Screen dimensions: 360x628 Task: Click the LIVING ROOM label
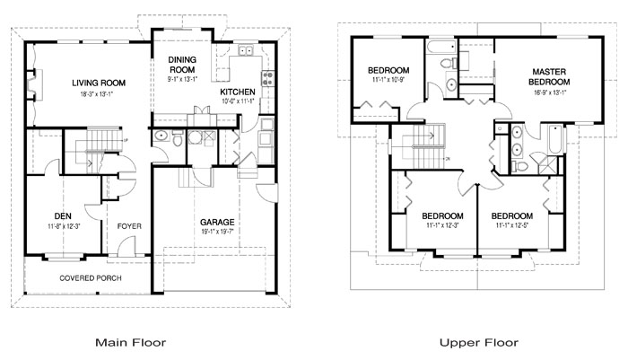click(99, 83)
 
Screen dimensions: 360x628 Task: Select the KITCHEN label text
click(238, 92)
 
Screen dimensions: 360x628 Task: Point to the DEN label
click(62, 215)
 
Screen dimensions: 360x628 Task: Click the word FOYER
click(130, 225)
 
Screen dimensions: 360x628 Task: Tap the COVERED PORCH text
click(91, 278)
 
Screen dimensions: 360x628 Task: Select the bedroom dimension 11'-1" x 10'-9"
click(388, 81)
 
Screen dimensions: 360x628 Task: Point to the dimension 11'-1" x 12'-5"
click(512, 225)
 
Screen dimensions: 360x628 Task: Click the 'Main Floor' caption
click(130, 342)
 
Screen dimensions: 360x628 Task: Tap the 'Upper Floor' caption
click(477, 342)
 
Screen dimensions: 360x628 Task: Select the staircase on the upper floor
click(418, 139)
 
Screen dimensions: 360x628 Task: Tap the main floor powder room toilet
click(160, 136)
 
